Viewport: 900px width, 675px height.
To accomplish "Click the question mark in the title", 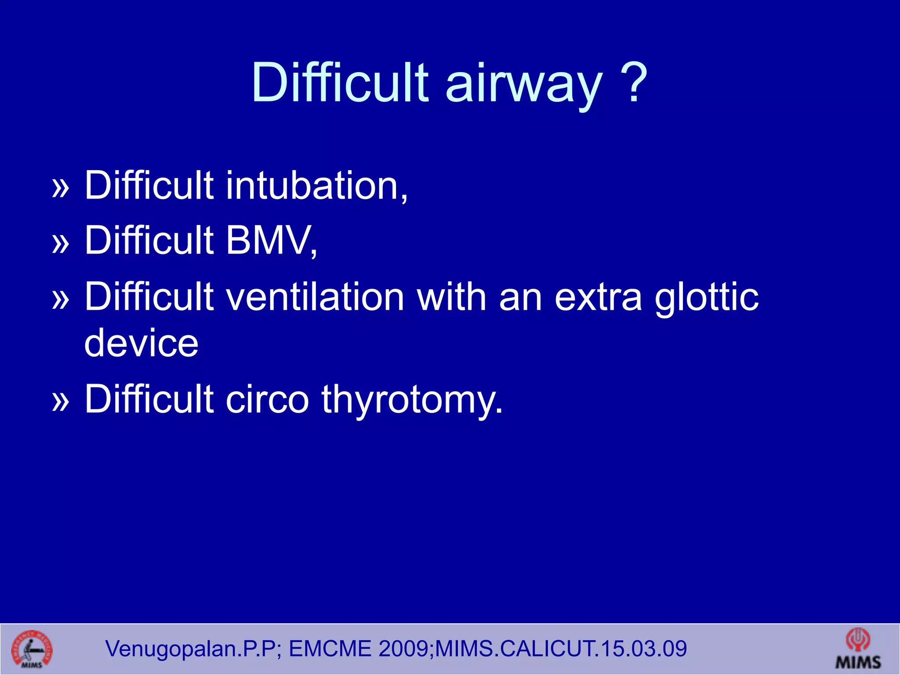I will (x=632, y=83).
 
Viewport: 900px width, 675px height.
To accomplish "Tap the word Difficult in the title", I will (x=339, y=83).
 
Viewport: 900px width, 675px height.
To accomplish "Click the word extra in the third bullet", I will (x=598, y=298).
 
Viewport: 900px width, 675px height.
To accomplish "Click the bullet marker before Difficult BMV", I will (x=61, y=243).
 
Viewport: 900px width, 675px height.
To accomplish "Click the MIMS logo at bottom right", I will (x=858, y=649).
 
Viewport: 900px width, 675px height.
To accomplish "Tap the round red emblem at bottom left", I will (x=31, y=649).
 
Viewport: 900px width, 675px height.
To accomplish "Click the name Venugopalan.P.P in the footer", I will (x=191, y=649).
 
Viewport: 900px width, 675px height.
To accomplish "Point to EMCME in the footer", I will (x=330, y=649).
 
